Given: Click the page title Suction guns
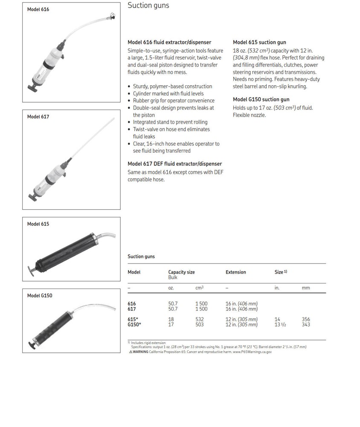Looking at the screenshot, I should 148,6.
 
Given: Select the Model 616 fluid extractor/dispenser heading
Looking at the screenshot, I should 169,42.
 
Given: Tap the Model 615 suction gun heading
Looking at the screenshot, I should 259,42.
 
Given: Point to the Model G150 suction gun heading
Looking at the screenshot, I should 261,99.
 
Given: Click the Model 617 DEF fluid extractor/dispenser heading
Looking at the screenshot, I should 174,164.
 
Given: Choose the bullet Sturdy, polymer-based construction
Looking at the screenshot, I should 172,86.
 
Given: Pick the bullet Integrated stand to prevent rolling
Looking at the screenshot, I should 170,122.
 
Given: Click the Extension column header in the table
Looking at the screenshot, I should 235,272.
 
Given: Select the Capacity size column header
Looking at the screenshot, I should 181,272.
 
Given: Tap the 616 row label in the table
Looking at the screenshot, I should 132,304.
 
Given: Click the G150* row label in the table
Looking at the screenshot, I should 134,325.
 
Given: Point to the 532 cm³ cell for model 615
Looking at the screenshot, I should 199,319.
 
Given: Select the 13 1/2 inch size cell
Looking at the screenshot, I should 280,325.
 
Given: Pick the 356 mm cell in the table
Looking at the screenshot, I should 305,319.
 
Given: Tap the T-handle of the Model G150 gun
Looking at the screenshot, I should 31,344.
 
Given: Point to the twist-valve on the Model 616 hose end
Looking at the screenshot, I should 112,16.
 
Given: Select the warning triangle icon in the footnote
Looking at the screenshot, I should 131,352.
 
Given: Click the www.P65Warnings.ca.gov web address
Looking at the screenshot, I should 252,352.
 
